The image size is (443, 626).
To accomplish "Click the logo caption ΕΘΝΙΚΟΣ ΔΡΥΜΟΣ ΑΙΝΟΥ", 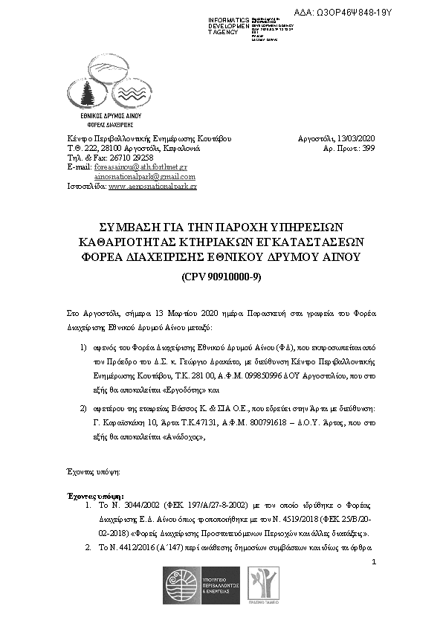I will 110,117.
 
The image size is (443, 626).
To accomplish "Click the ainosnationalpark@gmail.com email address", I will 146,177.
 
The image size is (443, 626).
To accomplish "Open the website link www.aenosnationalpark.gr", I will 152,187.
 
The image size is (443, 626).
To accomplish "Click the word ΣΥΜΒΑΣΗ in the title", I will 126,226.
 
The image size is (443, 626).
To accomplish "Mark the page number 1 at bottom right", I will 374,561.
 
